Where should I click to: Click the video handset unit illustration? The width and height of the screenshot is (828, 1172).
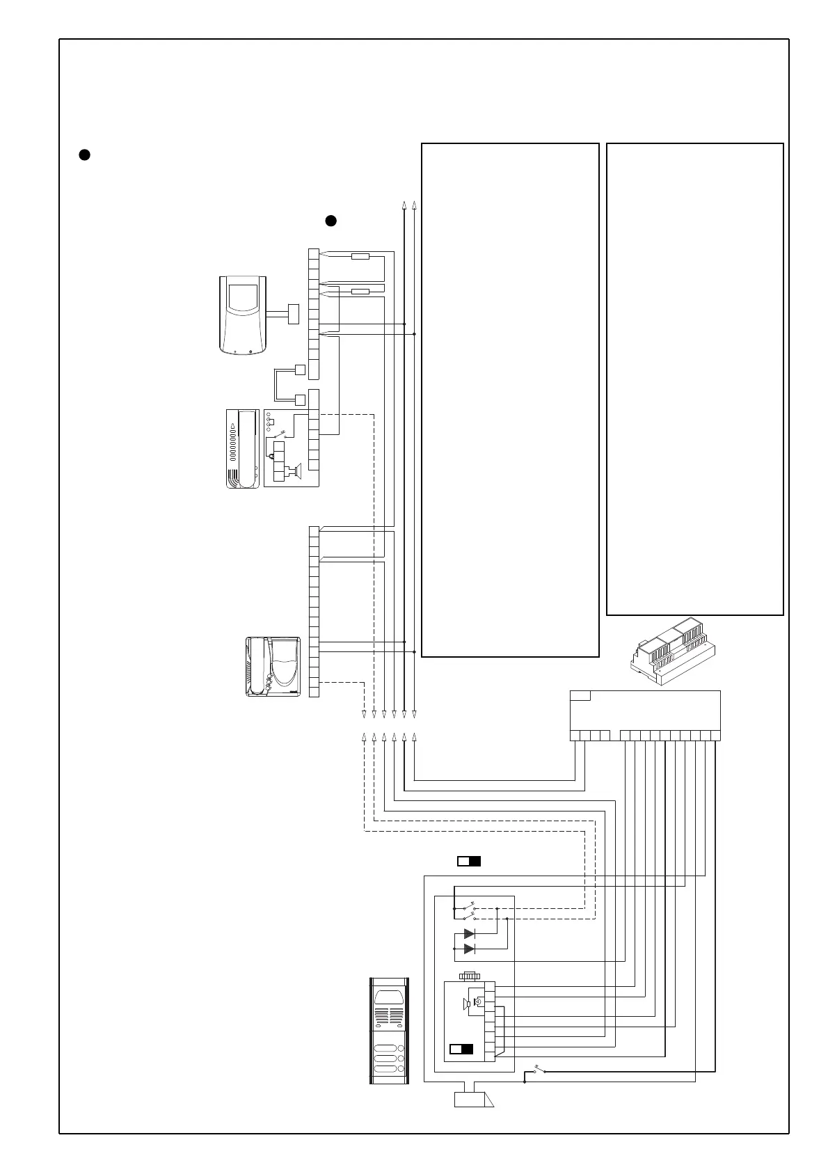[273, 666]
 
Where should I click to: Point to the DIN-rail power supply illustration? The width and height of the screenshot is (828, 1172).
[674, 652]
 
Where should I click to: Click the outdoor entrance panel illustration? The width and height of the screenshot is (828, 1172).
[388, 1040]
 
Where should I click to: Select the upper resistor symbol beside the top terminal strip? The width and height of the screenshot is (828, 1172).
[360, 257]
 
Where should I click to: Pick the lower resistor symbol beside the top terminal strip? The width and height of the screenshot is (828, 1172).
[360, 291]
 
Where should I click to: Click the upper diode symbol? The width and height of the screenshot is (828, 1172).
[469, 933]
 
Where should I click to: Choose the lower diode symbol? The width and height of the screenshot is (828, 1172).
[469, 949]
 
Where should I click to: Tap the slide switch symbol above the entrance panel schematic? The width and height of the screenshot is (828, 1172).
[469, 862]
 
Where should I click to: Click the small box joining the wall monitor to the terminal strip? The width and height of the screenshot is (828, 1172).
[293, 314]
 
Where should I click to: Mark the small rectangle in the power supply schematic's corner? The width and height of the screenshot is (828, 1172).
[580, 695]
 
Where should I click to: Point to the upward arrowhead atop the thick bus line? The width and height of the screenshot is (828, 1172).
[404, 204]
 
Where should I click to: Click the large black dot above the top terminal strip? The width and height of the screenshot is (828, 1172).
[331, 221]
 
